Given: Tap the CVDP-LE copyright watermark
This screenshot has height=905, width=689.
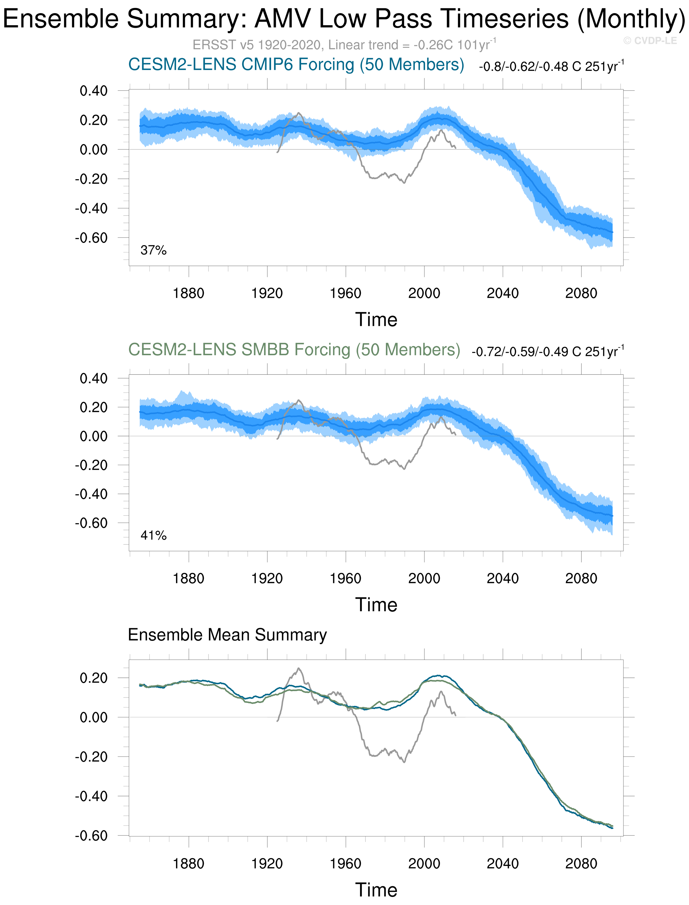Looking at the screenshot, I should click(650, 41).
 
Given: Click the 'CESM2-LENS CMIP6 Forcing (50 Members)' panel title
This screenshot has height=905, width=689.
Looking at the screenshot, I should click(296, 65).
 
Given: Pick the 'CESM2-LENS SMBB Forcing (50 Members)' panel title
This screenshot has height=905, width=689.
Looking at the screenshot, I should click(294, 350).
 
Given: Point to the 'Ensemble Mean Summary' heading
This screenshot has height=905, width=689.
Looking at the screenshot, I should click(227, 635).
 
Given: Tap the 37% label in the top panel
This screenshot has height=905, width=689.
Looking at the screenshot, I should click(153, 250).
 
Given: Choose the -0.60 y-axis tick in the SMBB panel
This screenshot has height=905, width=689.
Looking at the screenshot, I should click(91, 523).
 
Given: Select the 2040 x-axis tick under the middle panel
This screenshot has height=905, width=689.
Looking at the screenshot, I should click(502, 579).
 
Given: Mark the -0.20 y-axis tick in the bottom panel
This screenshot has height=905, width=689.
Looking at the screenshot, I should click(91, 757).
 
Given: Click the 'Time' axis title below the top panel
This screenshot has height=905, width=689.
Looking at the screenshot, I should click(376, 319).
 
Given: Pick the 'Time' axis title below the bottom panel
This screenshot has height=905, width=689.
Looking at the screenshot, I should click(376, 890).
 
